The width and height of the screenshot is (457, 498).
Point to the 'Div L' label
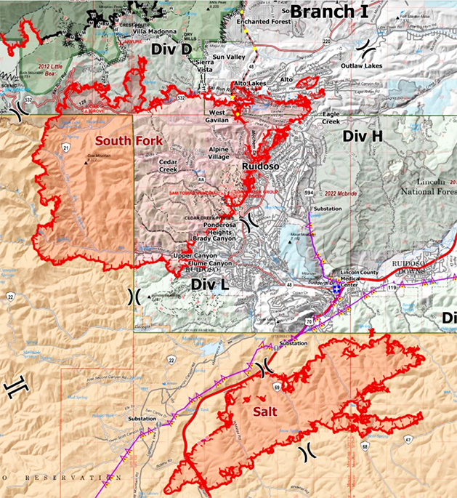coord(211,285)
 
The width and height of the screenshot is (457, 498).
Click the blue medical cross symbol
coord(336,289)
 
